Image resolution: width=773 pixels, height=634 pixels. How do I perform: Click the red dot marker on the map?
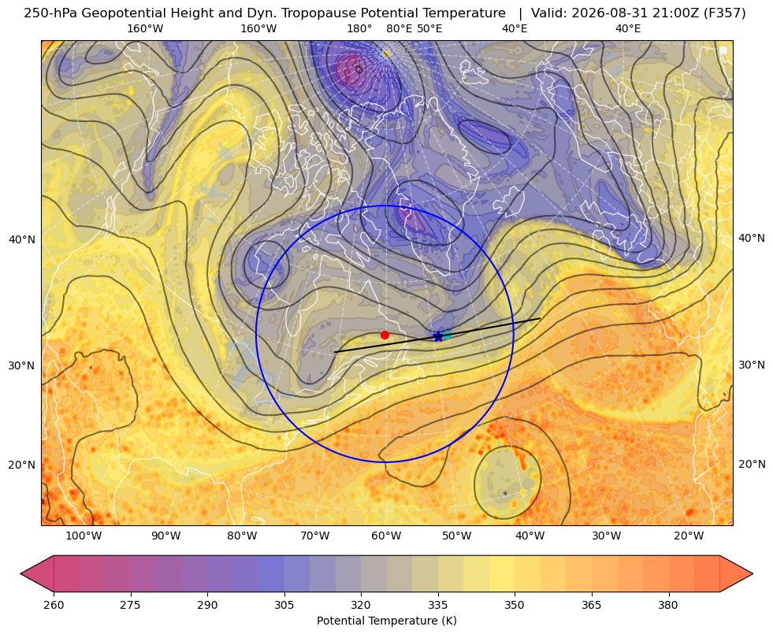pos(385,335)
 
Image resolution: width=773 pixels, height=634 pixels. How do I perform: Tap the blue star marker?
pos(438,336)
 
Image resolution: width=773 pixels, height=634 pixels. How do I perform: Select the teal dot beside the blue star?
pos(447,336)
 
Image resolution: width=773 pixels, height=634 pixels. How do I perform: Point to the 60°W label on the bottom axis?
pos(386,536)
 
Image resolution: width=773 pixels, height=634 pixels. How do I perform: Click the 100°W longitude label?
pos(84,536)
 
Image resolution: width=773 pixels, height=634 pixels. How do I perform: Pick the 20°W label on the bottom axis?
pos(689,536)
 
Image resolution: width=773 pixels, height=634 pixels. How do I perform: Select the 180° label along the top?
pos(359,28)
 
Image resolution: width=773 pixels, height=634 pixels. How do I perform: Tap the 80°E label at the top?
pos(399,28)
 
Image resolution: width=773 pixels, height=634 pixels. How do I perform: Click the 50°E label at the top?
pos(429,28)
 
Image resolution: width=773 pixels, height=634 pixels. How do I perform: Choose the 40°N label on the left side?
pos(22,240)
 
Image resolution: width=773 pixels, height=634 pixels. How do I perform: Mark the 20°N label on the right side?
pos(752,464)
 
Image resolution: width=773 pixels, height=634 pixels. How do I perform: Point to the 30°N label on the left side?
pos(22,365)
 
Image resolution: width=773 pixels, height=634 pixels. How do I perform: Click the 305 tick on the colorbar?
pos(284,605)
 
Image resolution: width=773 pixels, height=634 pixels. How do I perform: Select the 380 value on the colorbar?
pos(668,605)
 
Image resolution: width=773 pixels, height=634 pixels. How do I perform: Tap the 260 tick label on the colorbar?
pos(54,605)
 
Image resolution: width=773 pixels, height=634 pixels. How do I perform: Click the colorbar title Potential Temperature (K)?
pos(386,621)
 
